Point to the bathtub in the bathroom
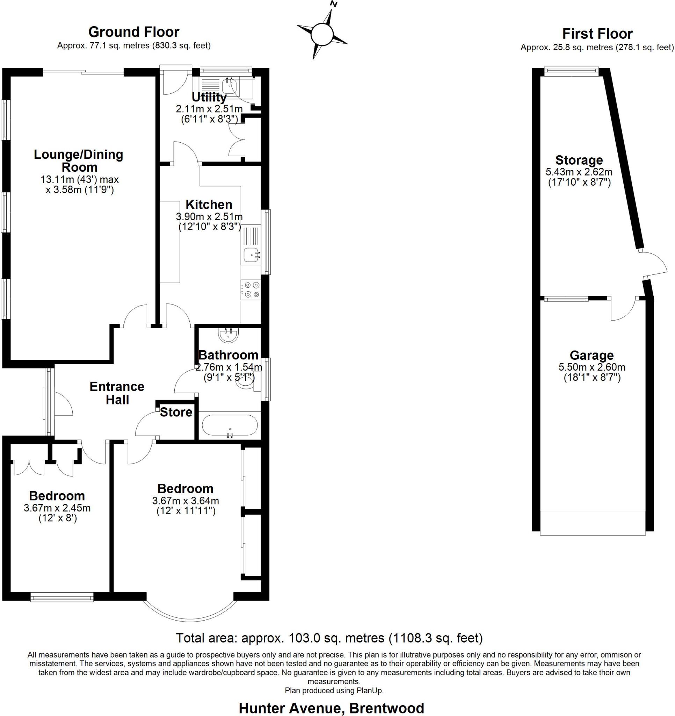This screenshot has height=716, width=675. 230,425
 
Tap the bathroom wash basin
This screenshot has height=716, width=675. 228,335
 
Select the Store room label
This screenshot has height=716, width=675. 176,412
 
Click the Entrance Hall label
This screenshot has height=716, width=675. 117,393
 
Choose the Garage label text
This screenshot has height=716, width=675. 591,356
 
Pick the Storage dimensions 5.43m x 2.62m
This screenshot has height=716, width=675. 579,172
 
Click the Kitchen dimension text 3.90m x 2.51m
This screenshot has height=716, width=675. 209,216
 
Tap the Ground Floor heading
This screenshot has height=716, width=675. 134,32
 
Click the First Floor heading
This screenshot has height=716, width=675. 597,34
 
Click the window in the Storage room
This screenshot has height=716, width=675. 571,71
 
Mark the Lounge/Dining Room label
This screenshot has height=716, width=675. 79,160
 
